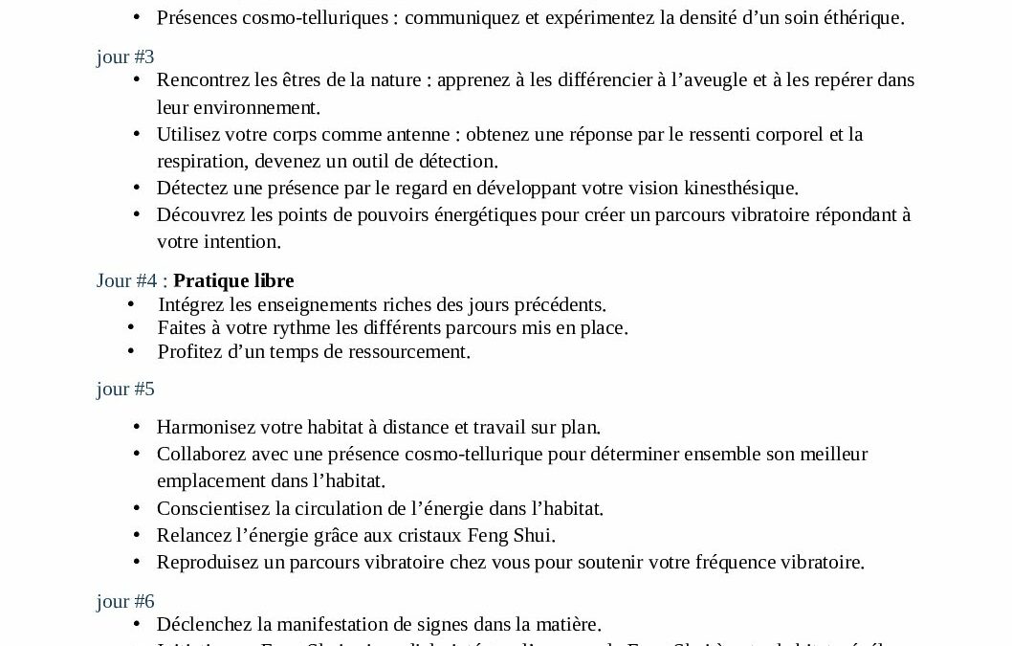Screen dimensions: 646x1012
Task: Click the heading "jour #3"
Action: coord(125,56)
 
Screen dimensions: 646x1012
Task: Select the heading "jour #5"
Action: coord(125,389)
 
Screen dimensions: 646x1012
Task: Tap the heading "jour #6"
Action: coord(125,601)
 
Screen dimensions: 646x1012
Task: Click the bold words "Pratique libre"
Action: coord(233,280)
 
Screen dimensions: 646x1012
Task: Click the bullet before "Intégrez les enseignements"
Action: coord(131,304)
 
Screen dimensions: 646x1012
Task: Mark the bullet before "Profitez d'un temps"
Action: coord(131,351)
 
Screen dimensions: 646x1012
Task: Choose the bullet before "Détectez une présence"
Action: coord(137,188)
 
